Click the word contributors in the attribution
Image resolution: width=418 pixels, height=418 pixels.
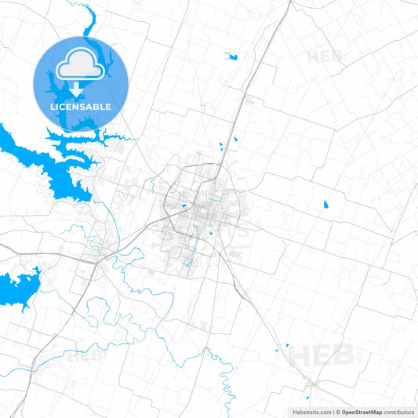point(399,412)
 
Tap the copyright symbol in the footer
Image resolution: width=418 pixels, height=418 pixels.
point(337,412)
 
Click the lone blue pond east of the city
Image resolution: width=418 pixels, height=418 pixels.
point(325,205)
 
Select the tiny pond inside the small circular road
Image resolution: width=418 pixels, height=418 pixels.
point(210,234)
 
